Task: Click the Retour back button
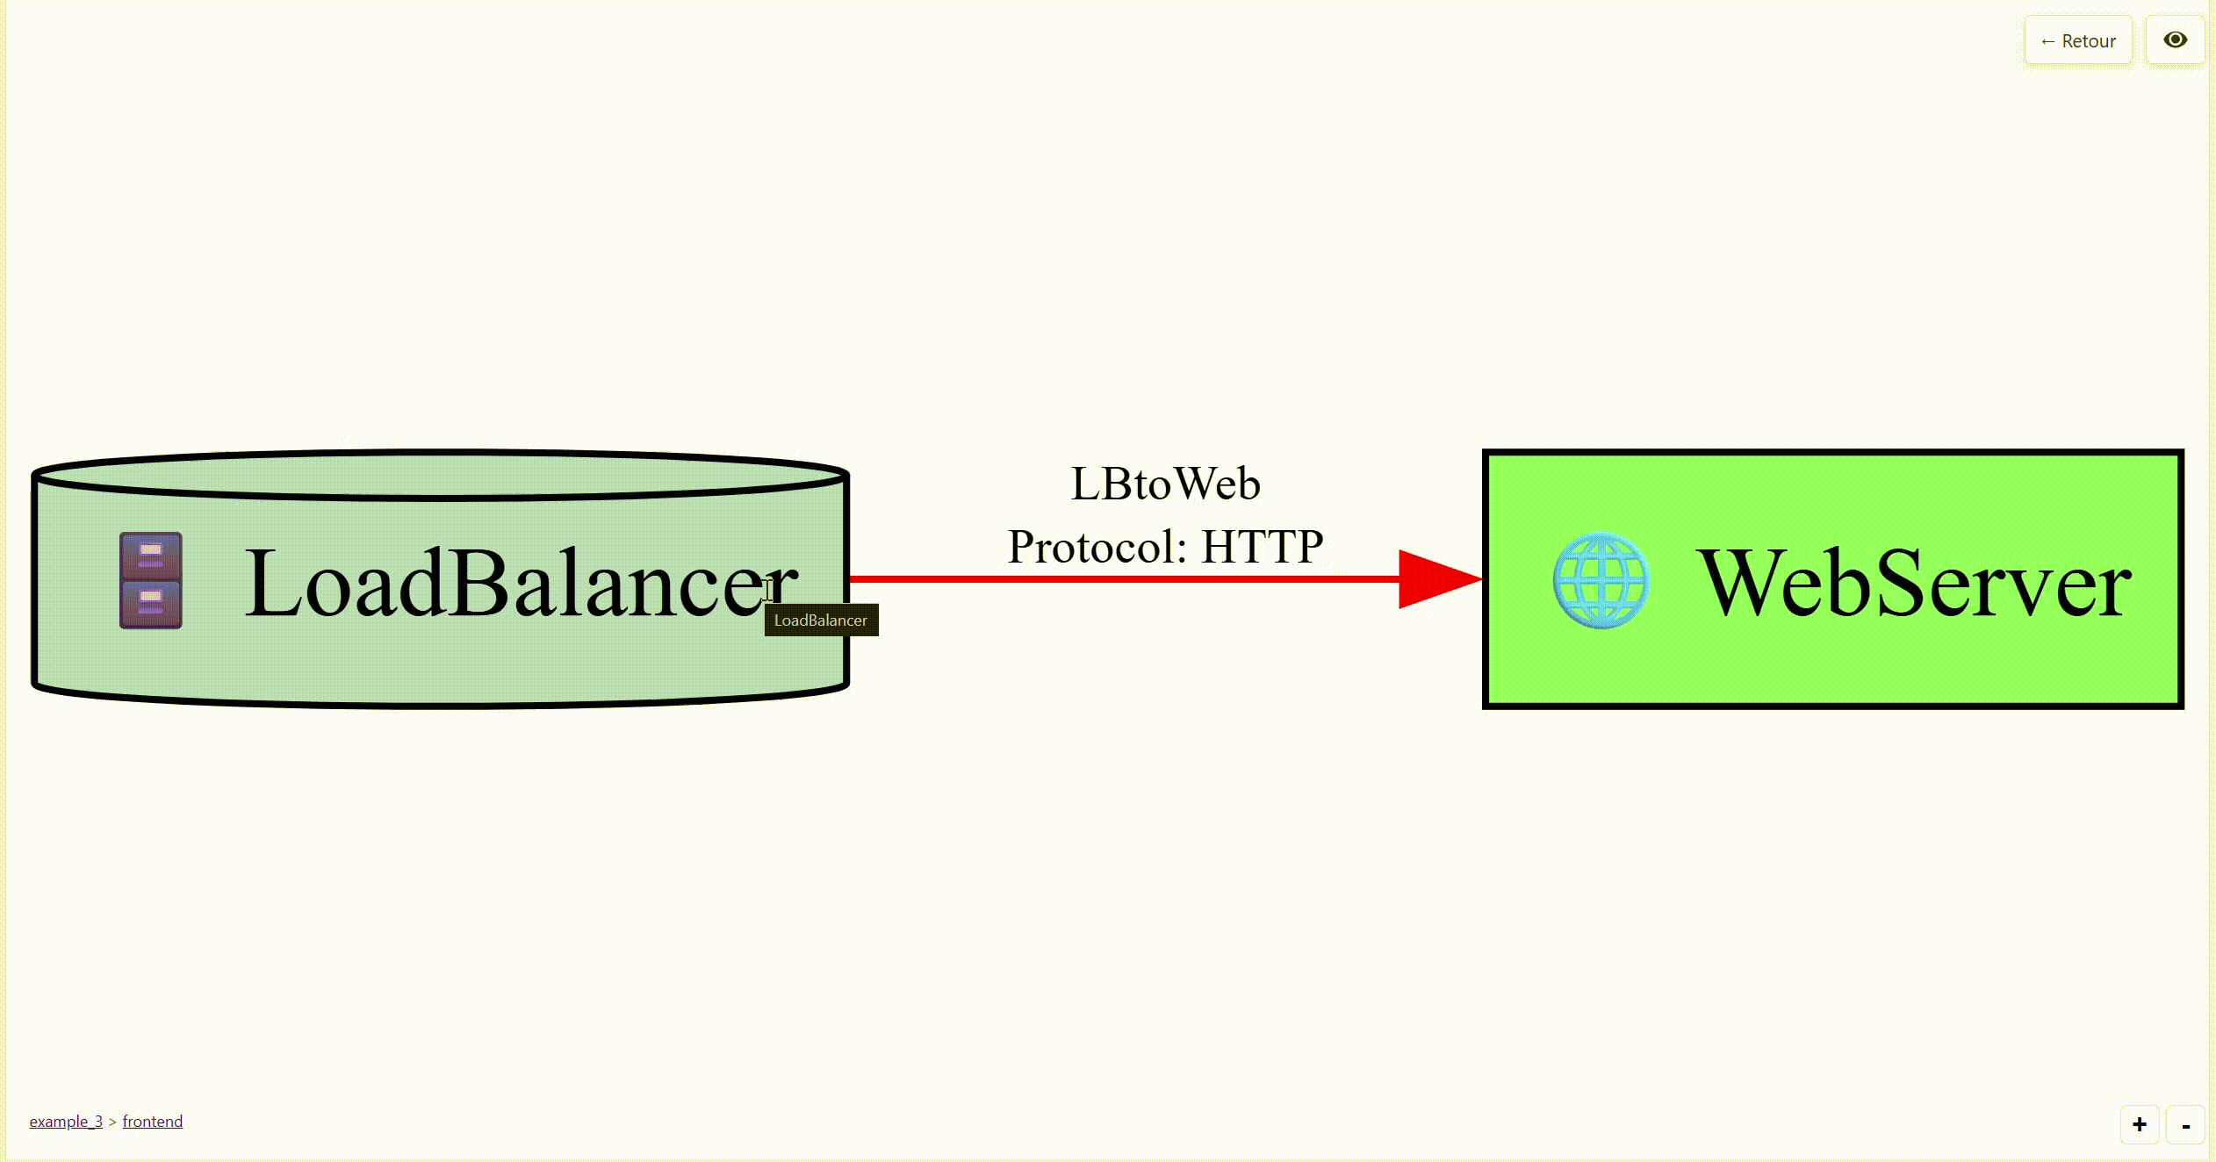tap(2077, 40)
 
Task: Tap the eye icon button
tap(2175, 40)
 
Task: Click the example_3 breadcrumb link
tap(66, 1121)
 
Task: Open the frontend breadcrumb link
tap(152, 1121)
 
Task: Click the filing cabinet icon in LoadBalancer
tap(151, 580)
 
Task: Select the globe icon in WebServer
tap(1601, 580)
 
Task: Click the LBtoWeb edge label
tap(1165, 484)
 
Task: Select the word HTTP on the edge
tap(1262, 547)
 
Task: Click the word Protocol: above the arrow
tap(1097, 547)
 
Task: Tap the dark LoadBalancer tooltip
tap(821, 620)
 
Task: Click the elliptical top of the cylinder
tap(439, 475)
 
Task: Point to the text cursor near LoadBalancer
tap(767, 589)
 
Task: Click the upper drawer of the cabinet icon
tap(151, 556)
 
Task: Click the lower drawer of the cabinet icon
tap(151, 603)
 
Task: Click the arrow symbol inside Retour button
tap(2047, 41)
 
